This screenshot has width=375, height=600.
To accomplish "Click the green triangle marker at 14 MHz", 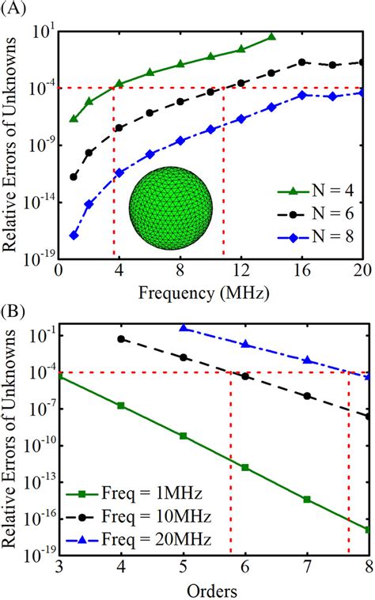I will pos(271,36).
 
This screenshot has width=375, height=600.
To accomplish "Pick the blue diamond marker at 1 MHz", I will pos(74,235).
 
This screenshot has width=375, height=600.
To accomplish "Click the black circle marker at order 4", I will pos(121,338).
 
